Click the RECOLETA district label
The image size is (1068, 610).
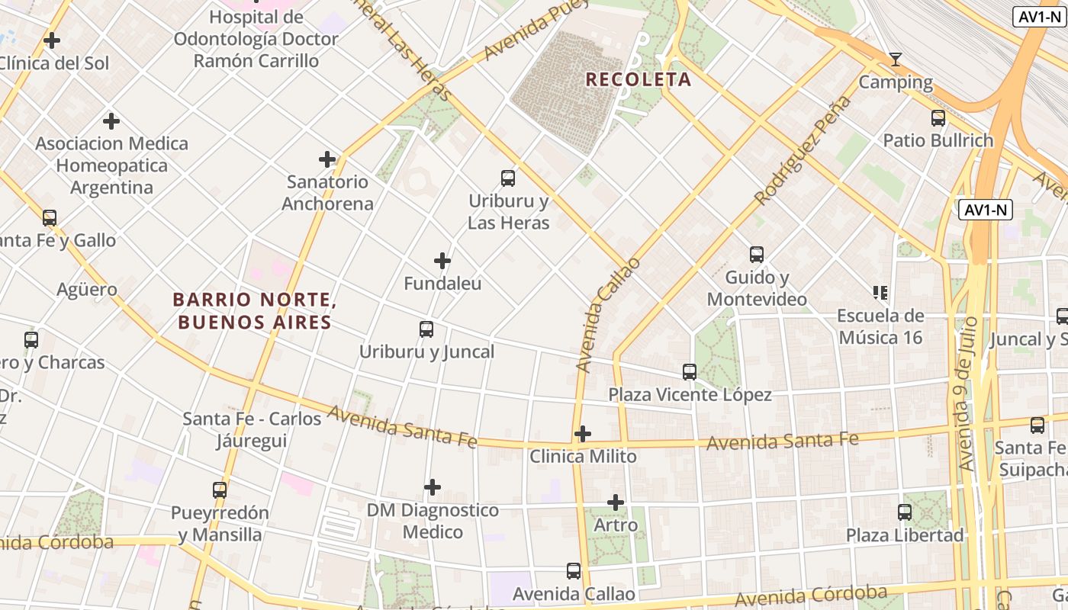[x=639, y=79]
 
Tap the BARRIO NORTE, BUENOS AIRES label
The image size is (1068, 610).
[x=255, y=311]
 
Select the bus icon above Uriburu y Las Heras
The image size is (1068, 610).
[x=508, y=178]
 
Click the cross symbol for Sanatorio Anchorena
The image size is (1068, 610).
[x=327, y=159]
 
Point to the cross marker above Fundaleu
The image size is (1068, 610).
[x=442, y=261]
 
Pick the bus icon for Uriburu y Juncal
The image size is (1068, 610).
[x=426, y=329]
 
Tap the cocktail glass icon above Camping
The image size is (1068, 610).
[x=896, y=59]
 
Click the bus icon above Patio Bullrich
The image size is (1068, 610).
[x=938, y=118]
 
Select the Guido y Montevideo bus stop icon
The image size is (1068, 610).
[x=757, y=255]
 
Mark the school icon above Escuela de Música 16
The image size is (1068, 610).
[x=880, y=293]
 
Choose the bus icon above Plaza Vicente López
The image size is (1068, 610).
[x=690, y=372]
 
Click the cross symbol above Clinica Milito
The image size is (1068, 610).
[x=583, y=434]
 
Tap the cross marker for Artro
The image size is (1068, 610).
[x=616, y=502]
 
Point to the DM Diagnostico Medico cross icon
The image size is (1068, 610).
[x=433, y=487]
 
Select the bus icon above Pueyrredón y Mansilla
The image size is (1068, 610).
[x=220, y=490]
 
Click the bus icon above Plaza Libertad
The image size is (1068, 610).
[x=905, y=512]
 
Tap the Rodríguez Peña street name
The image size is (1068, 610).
[x=803, y=151]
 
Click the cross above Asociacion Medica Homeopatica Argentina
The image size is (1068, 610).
[x=111, y=121]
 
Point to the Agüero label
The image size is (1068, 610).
[x=87, y=290]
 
